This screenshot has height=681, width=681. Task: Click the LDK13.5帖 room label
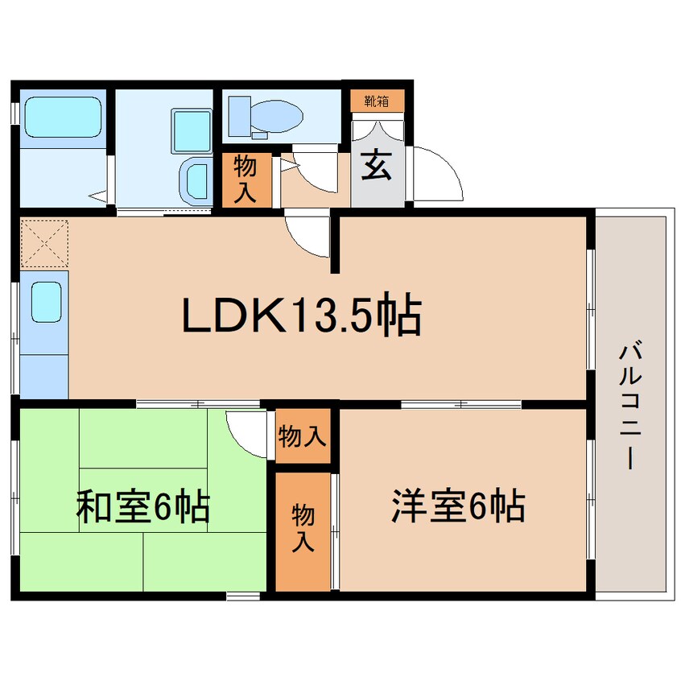(x=302, y=317)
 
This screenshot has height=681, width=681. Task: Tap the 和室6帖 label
(x=142, y=508)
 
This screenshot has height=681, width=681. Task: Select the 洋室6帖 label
(x=459, y=506)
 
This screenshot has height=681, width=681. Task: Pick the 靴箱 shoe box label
(x=377, y=101)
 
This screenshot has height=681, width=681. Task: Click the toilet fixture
(x=266, y=116)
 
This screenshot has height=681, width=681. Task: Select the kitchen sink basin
(x=46, y=303)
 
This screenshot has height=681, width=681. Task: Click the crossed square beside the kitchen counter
(x=44, y=243)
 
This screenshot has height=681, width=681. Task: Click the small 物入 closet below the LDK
(x=302, y=437)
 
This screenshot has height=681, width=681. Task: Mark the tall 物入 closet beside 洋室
(x=303, y=528)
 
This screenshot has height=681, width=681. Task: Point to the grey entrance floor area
(x=378, y=173)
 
